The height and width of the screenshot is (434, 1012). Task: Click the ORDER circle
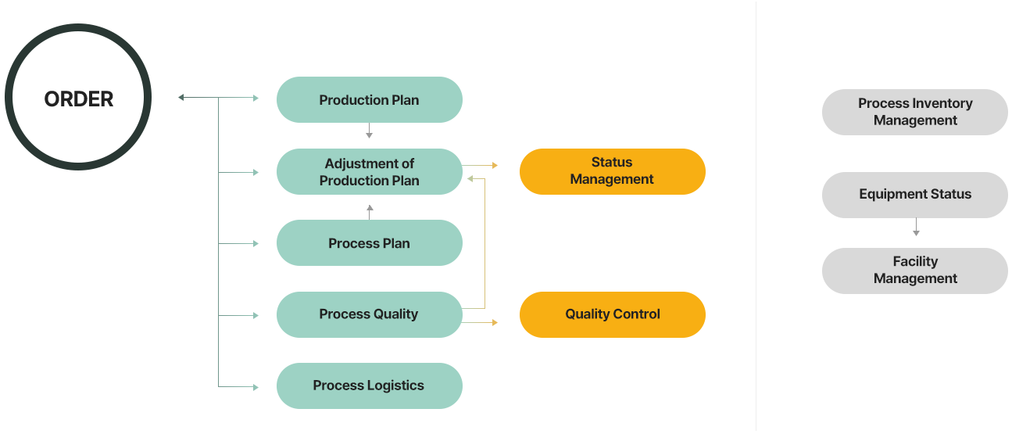(x=78, y=97)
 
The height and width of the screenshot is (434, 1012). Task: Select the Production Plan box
(x=369, y=100)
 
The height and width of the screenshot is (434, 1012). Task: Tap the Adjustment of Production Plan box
(x=369, y=172)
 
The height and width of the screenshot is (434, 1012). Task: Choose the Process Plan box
(x=369, y=243)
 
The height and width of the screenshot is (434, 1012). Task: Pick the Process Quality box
(x=369, y=314)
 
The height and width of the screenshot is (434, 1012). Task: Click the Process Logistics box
(x=369, y=386)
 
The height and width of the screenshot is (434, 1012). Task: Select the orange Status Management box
(x=612, y=171)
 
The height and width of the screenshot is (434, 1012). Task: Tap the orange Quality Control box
(x=612, y=314)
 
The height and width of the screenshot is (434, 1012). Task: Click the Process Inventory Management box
(x=914, y=112)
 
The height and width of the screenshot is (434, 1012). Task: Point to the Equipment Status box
(x=914, y=195)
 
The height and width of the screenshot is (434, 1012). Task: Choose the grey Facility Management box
(x=914, y=271)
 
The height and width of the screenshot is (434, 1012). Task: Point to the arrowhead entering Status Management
(x=495, y=166)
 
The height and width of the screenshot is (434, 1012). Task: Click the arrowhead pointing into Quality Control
(x=495, y=321)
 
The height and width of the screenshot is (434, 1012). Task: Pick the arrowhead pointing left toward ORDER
(x=181, y=98)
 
